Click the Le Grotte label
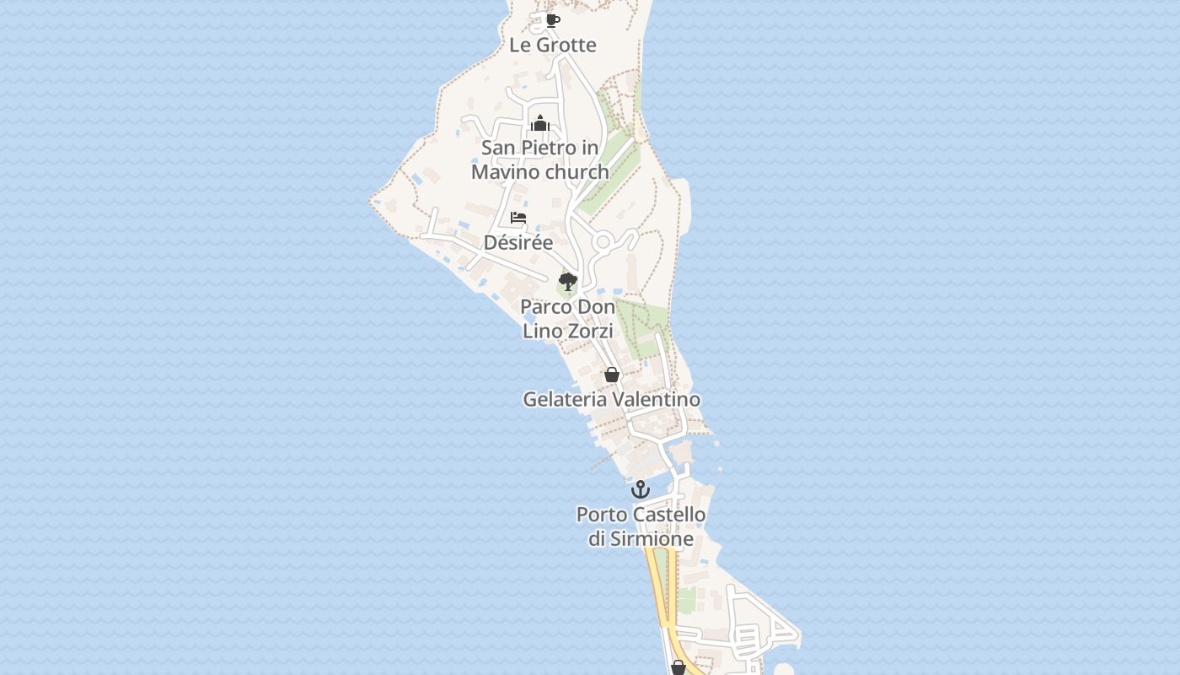(x=552, y=46)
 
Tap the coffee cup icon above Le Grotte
(x=552, y=20)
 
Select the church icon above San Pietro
(x=540, y=124)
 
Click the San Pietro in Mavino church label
(x=540, y=159)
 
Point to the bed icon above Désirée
(x=518, y=218)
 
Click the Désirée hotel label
(x=518, y=243)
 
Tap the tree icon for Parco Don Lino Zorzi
(x=568, y=281)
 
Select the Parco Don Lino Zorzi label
(x=567, y=319)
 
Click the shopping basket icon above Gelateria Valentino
(x=612, y=375)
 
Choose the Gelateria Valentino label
(x=612, y=399)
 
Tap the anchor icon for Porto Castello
(x=641, y=489)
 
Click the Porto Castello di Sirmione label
(x=641, y=526)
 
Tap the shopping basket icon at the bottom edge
(x=678, y=667)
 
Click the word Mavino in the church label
(x=506, y=172)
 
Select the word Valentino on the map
(x=657, y=399)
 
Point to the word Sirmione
(x=652, y=539)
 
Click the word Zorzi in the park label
(x=590, y=332)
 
